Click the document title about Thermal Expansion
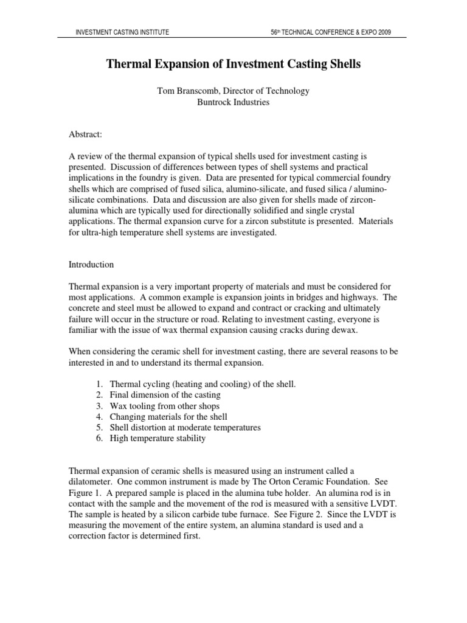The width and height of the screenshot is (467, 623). click(x=233, y=64)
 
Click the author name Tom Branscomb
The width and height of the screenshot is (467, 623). click(x=189, y=91)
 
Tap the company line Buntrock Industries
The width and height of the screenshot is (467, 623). click(x=233, y=102)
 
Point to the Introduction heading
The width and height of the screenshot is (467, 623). click(x=92, y=265)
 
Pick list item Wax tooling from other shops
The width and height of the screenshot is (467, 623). click(x=165, y=406)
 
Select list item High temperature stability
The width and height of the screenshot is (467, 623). click(x=157, y=438)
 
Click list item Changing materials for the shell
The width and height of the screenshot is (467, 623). click(x=168, y=417)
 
